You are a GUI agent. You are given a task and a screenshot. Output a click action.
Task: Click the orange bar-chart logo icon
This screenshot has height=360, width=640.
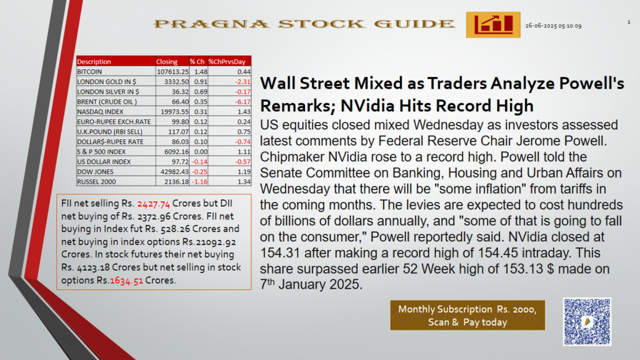click(x=493, y=25)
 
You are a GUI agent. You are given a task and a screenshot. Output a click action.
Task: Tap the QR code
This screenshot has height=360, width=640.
click(x=587, y=322)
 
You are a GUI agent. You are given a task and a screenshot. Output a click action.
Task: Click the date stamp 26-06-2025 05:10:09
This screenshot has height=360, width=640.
click(x=553, y=26)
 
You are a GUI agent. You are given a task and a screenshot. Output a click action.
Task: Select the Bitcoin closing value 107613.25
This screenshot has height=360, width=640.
click(x=172, y=71)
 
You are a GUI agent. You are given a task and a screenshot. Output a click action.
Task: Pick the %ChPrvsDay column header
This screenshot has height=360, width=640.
click(x=227, y=62)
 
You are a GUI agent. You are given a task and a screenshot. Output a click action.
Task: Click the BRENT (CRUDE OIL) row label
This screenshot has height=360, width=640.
click(x=107, y=102)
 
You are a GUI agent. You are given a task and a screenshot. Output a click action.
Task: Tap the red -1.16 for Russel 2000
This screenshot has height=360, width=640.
click(x=199, y=182)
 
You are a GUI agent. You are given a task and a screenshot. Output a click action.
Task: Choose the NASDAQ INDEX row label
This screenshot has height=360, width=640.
click(x=100, y=111)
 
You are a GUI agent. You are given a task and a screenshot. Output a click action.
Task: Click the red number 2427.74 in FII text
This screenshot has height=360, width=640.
click(x=154, y=204)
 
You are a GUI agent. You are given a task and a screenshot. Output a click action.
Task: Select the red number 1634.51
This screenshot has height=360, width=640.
click(x=126, y=281)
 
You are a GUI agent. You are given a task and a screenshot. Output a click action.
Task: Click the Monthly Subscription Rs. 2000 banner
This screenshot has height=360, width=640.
click(x=467, y=316)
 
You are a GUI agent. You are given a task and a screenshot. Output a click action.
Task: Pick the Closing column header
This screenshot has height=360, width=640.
click(x=166, y=62)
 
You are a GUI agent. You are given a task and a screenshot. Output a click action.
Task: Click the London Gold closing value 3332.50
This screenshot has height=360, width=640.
click(x=176, y=82)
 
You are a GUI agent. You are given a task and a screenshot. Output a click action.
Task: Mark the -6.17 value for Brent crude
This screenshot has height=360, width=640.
click(x=243, y=102)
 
